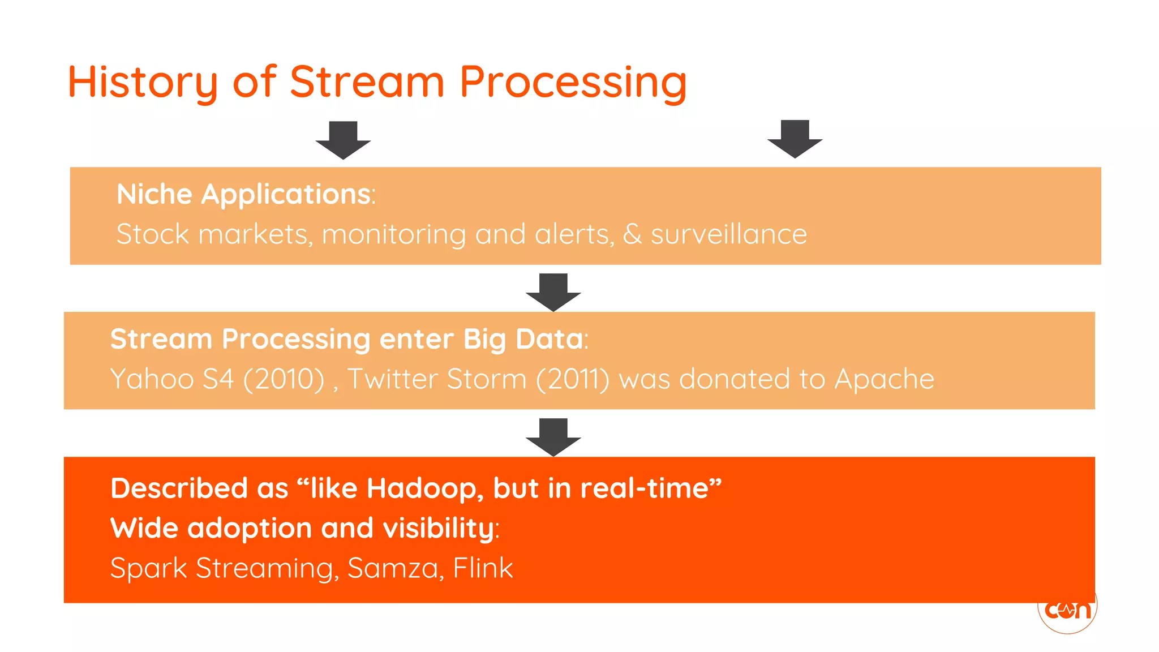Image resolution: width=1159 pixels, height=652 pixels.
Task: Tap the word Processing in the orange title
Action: [x=573, y=83]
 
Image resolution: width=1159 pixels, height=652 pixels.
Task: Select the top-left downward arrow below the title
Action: [x=343, y=140]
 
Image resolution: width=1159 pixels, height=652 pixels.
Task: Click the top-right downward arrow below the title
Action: [x=795, y=139]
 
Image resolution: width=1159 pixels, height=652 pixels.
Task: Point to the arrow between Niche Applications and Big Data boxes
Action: [x=553, y=292]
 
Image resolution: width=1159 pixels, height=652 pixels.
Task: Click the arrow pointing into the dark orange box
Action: [x=553, y=437]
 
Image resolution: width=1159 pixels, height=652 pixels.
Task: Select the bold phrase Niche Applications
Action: [x=244, y=194]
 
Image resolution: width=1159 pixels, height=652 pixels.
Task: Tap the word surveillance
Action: [x=728, y=234]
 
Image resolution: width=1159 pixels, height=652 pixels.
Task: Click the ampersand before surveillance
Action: [x=632, y=234]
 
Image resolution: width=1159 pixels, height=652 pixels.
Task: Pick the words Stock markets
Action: [x=213, y=234]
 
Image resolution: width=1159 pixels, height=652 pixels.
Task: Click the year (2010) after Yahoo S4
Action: [x=284, y=379]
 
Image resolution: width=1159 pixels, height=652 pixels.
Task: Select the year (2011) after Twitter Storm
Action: [x=572, y=379]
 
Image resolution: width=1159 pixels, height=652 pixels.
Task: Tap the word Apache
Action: [x=884, y=379]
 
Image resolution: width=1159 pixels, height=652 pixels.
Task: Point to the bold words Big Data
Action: [x=523, y=339]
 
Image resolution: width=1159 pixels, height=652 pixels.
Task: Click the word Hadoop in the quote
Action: [x=424, y=488]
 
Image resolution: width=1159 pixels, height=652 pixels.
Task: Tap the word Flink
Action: [x=483, y=568]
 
